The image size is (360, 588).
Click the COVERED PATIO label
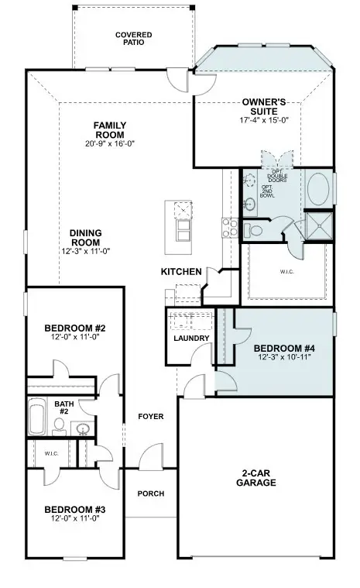click(134, 39)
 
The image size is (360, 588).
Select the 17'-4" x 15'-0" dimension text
click(265, 120)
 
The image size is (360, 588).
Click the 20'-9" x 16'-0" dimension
click(110, 143)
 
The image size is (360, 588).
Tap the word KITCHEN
click(181, 272)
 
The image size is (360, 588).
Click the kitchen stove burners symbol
click(230, 227)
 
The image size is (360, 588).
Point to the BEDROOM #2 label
click(75, 328)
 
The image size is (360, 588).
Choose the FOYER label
click(150, 417)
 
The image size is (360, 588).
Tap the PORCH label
click(150, 493)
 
